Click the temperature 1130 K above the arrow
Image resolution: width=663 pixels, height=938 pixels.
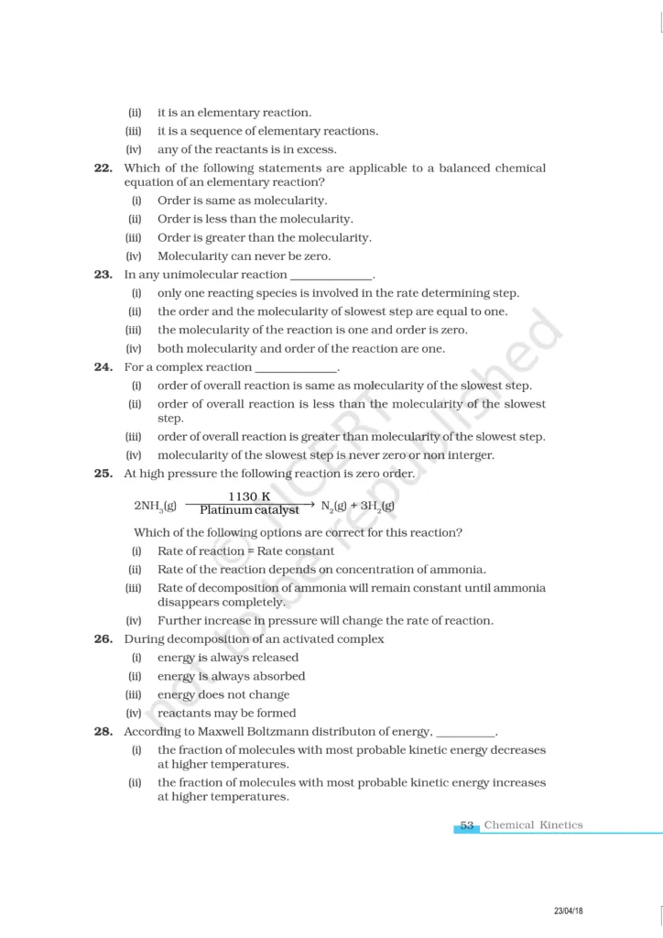tap(249, 496)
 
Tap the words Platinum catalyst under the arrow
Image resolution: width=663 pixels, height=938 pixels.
tap(249, 510)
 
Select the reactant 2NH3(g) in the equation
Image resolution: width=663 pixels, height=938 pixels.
tap(156, 505)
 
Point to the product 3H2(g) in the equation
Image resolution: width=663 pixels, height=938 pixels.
tap(378, 505)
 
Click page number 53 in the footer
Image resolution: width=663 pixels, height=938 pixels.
tap(467, 825)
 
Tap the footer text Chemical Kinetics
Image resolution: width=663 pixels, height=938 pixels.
tap(533, 825)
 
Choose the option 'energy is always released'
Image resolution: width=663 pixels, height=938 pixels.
tap(228, 658)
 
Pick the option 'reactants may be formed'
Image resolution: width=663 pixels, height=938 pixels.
tap(226, 713)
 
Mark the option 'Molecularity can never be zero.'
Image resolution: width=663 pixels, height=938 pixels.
tap(244, 256)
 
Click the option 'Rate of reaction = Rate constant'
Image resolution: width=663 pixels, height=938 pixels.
tap(245, 551)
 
